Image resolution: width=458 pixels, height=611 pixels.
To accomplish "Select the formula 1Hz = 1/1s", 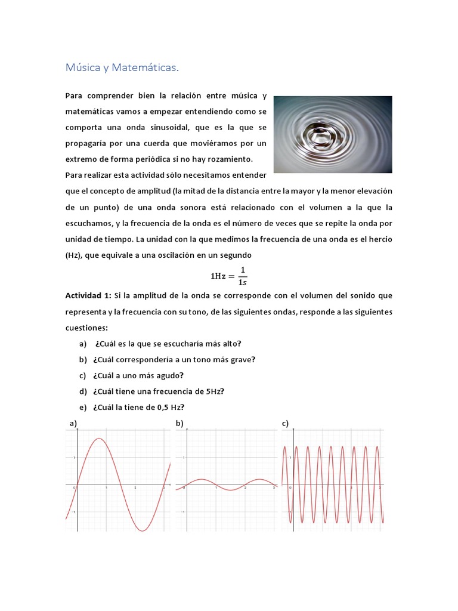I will (x=228, y=275).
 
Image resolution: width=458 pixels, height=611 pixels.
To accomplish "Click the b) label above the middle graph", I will (x=179, y=424).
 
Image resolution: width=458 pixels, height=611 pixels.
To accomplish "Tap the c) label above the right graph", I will (x=285, y=424).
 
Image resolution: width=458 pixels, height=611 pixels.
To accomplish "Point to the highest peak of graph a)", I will (x=100, y=439).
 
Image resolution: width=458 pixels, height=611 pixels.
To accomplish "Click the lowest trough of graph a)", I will (x=143, y=530).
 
